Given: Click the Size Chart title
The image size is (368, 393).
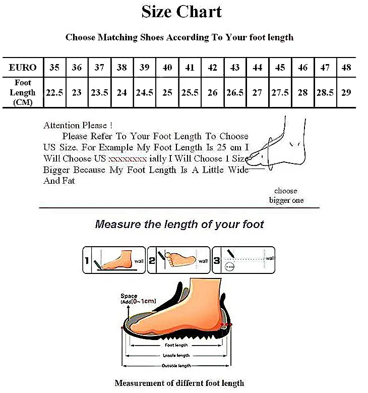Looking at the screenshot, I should pos(181,11).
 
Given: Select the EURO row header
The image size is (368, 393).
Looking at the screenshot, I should pos(23,67).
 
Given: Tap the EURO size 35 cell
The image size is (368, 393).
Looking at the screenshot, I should pos(54,67).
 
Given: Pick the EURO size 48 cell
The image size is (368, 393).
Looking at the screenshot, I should pos(346,67).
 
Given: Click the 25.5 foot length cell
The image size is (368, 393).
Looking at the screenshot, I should pos(190,93).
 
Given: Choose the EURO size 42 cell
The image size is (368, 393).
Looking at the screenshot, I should pos(212,67).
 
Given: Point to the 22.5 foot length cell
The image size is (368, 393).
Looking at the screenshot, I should pos(54,93).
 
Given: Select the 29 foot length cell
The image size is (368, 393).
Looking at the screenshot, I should pos(346,93).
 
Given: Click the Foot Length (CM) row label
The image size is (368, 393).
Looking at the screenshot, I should pos(23,93).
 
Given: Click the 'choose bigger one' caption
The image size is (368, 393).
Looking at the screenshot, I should pos(286,195).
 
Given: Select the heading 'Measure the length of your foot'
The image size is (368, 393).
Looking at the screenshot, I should pos(179,224).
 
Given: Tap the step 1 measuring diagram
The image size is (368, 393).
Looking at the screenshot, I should pos(114,260).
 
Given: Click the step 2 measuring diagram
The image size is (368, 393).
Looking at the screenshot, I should pos(179,260).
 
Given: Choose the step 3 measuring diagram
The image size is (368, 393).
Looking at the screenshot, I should pos(243,260).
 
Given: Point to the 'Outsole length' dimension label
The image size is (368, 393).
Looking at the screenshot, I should pos(176,365).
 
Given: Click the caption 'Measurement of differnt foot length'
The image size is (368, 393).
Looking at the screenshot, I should pos(179,383).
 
